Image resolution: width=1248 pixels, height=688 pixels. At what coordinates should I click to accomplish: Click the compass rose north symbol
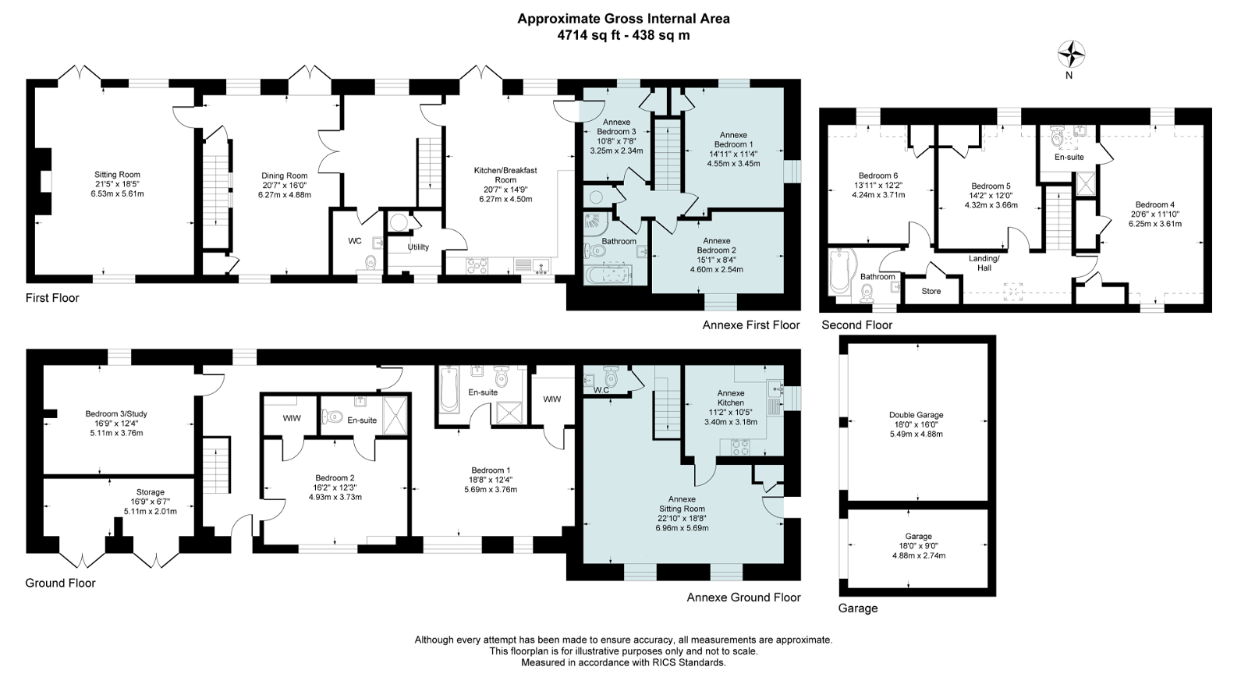[x=1072, y=55]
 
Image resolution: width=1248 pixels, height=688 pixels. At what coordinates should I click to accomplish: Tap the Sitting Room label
[x=117, y=175]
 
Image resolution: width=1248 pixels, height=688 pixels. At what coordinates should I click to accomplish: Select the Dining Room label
[x=285, y=176]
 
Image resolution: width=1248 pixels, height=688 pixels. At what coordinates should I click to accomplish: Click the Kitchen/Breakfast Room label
[x=505, y=175]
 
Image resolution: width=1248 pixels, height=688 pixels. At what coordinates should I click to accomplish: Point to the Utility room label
[x=418, y=246]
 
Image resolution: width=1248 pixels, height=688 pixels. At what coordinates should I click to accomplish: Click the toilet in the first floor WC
[x=370, y=262]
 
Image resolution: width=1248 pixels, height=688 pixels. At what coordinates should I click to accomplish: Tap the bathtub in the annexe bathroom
[x=608, y=275]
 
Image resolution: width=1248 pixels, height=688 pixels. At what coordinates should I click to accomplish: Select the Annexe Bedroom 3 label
[x=617, y=127]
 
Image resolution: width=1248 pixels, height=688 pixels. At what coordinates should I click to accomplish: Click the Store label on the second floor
[x=931, y=292]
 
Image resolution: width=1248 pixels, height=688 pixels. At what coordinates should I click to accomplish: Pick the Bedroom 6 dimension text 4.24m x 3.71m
[x=878, y=195]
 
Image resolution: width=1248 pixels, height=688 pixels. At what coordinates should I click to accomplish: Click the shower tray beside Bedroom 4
[x=1085, y=184]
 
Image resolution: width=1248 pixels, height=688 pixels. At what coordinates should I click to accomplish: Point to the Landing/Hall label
[x=984, y=263]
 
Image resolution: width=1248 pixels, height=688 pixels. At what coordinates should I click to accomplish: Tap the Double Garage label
[x=916, y=415]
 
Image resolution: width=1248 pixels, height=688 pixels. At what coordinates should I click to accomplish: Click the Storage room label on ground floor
[x=151, y=492]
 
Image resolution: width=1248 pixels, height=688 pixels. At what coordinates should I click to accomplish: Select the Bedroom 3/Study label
[x=116, y=414]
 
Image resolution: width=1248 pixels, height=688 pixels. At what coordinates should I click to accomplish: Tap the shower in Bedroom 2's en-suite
[x=395, y=415]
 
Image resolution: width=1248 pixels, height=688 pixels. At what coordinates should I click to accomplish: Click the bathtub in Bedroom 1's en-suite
[x=448, y=389]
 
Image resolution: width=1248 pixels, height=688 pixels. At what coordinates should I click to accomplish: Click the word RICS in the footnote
[x=665, y=662]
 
